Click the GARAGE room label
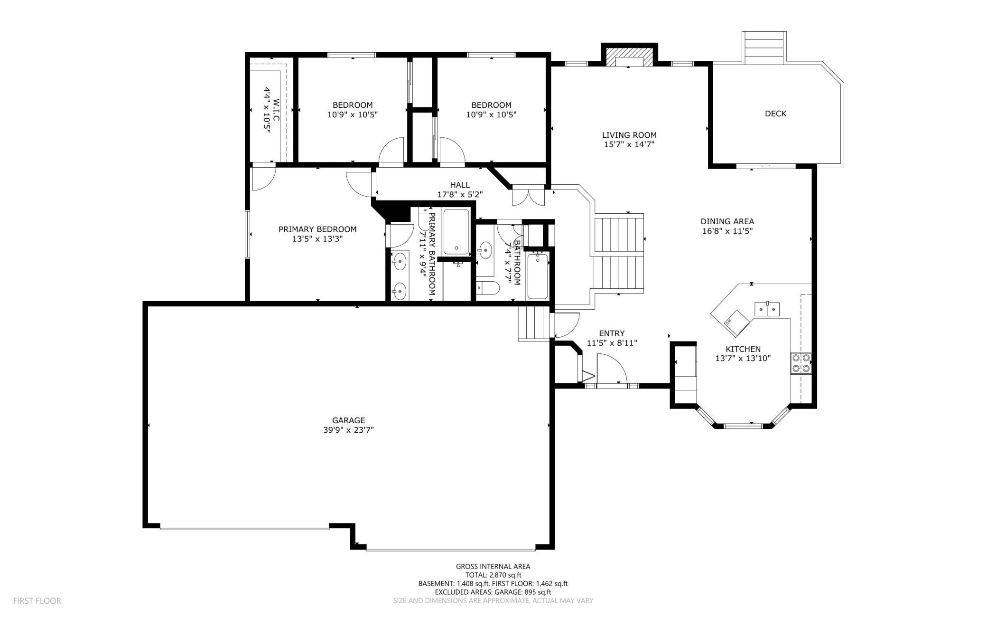(x=348, y=420)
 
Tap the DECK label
(x=775, y=114)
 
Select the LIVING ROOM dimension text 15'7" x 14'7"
(x=629, y=144)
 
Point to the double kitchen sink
(x=767, y=309)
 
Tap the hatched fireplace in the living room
(x=629, y=57)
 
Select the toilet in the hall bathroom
(x=488, y=288)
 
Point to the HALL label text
(x=460, y=185)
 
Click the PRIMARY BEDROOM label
(x=317, y=229)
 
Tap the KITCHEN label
(x=743, y=349)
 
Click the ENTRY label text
(x=612, y=333)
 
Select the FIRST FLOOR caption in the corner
(x=37, y=601)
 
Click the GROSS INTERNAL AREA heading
(x=493, y=566)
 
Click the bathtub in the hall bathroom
(x=537, y=276)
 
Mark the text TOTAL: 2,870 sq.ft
(x=493, y=575)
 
